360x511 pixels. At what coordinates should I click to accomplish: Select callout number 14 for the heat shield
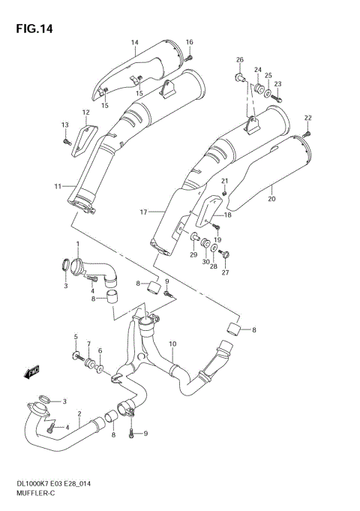(x=134, y=42)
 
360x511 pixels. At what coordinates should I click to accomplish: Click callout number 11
(x=58, y=186)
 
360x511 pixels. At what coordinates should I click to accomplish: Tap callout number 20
(x=272, y=198)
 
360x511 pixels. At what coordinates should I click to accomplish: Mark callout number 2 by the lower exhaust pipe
(x=79, y=412)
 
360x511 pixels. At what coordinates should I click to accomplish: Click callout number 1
(x=76, y=245)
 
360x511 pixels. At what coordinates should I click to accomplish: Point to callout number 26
(x=240, y=59)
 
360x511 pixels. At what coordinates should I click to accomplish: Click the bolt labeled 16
(x=190, y=56)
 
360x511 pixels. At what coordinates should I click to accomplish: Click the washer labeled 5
(x=76, y=356)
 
